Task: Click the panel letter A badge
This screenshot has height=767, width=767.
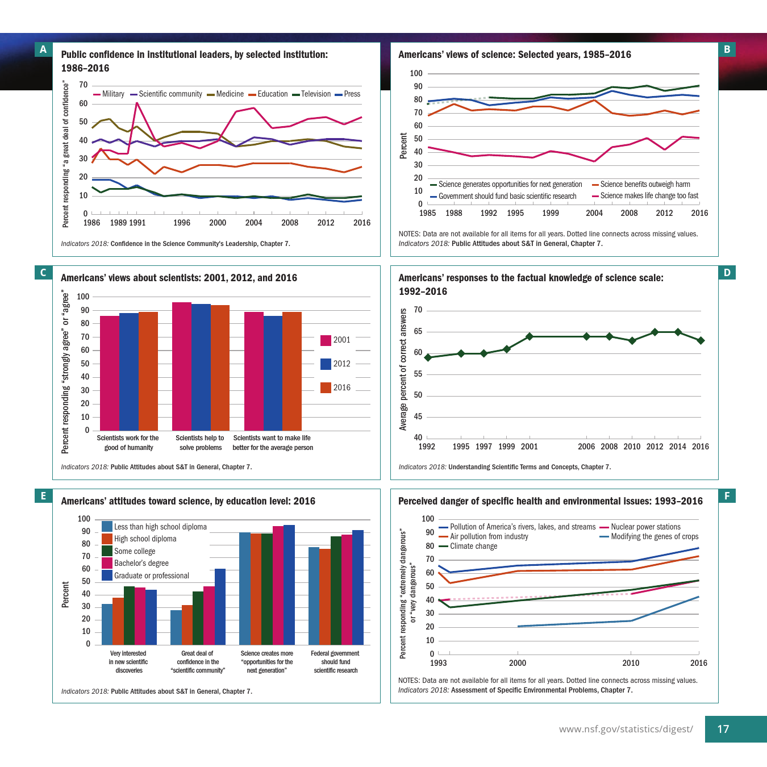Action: point(43,49)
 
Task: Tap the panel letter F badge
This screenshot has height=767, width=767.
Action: point(727,496)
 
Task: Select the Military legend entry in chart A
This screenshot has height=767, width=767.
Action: point(109,94)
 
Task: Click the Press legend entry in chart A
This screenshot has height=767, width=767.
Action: point(348,94)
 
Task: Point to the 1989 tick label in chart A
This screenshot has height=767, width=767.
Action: point(118,223)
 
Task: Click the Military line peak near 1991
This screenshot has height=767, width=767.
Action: point(137,103)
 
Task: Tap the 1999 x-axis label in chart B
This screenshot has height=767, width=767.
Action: point(551,213)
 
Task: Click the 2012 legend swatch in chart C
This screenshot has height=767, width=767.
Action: point(326,364)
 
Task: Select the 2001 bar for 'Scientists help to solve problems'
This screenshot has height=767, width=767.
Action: point(182,366)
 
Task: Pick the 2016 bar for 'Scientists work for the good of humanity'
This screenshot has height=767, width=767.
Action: point(148,371)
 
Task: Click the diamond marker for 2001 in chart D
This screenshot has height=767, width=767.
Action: point(530,336)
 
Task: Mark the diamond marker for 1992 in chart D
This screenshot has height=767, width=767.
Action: point(428,357)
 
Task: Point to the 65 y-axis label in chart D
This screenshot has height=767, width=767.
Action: point(418,331)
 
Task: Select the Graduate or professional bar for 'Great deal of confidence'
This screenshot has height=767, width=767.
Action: point(220,607)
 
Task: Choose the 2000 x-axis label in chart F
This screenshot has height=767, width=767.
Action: point(518,663)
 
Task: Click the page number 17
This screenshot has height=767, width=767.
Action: point(723,729)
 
